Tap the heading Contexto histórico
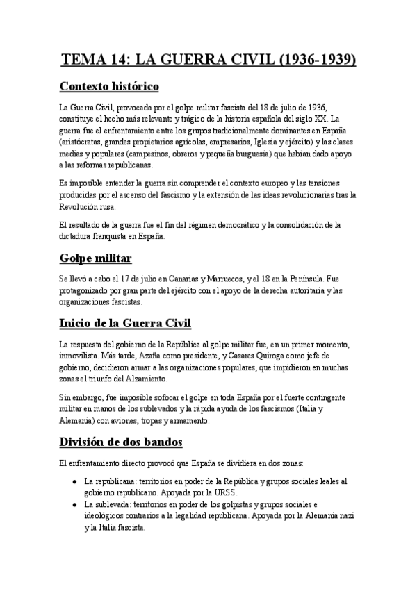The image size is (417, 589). coord(119,87)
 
